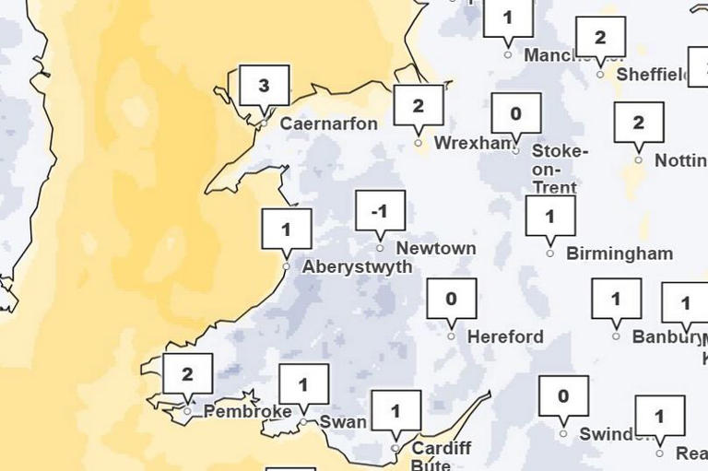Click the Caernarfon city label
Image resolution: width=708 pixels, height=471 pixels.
[328, 124]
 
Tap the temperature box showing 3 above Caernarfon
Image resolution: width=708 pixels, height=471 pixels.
[264, 87]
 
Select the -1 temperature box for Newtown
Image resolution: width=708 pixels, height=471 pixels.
[380, 211]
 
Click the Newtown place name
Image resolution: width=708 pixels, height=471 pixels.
[436, 249]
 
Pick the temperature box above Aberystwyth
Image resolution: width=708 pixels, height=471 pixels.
[287, 230]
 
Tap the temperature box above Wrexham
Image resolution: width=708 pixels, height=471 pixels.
[419, 105]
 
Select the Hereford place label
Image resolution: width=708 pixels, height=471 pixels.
[505, 337]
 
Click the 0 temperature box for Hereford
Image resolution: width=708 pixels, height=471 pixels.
[452, 299]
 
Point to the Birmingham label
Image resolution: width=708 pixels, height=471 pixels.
[619, 253]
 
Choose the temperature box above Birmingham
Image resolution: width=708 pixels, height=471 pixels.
[550, 217]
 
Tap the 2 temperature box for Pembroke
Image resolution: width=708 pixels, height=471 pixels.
[188, 374]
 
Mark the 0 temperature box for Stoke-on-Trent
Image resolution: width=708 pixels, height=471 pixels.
[515, 114]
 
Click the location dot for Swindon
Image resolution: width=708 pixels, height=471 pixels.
[563, 433]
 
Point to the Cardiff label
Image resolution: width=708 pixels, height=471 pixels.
[442, 449]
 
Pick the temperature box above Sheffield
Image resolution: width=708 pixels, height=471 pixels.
[600, 38]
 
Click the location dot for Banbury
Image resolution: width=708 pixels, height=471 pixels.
[616, 336]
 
